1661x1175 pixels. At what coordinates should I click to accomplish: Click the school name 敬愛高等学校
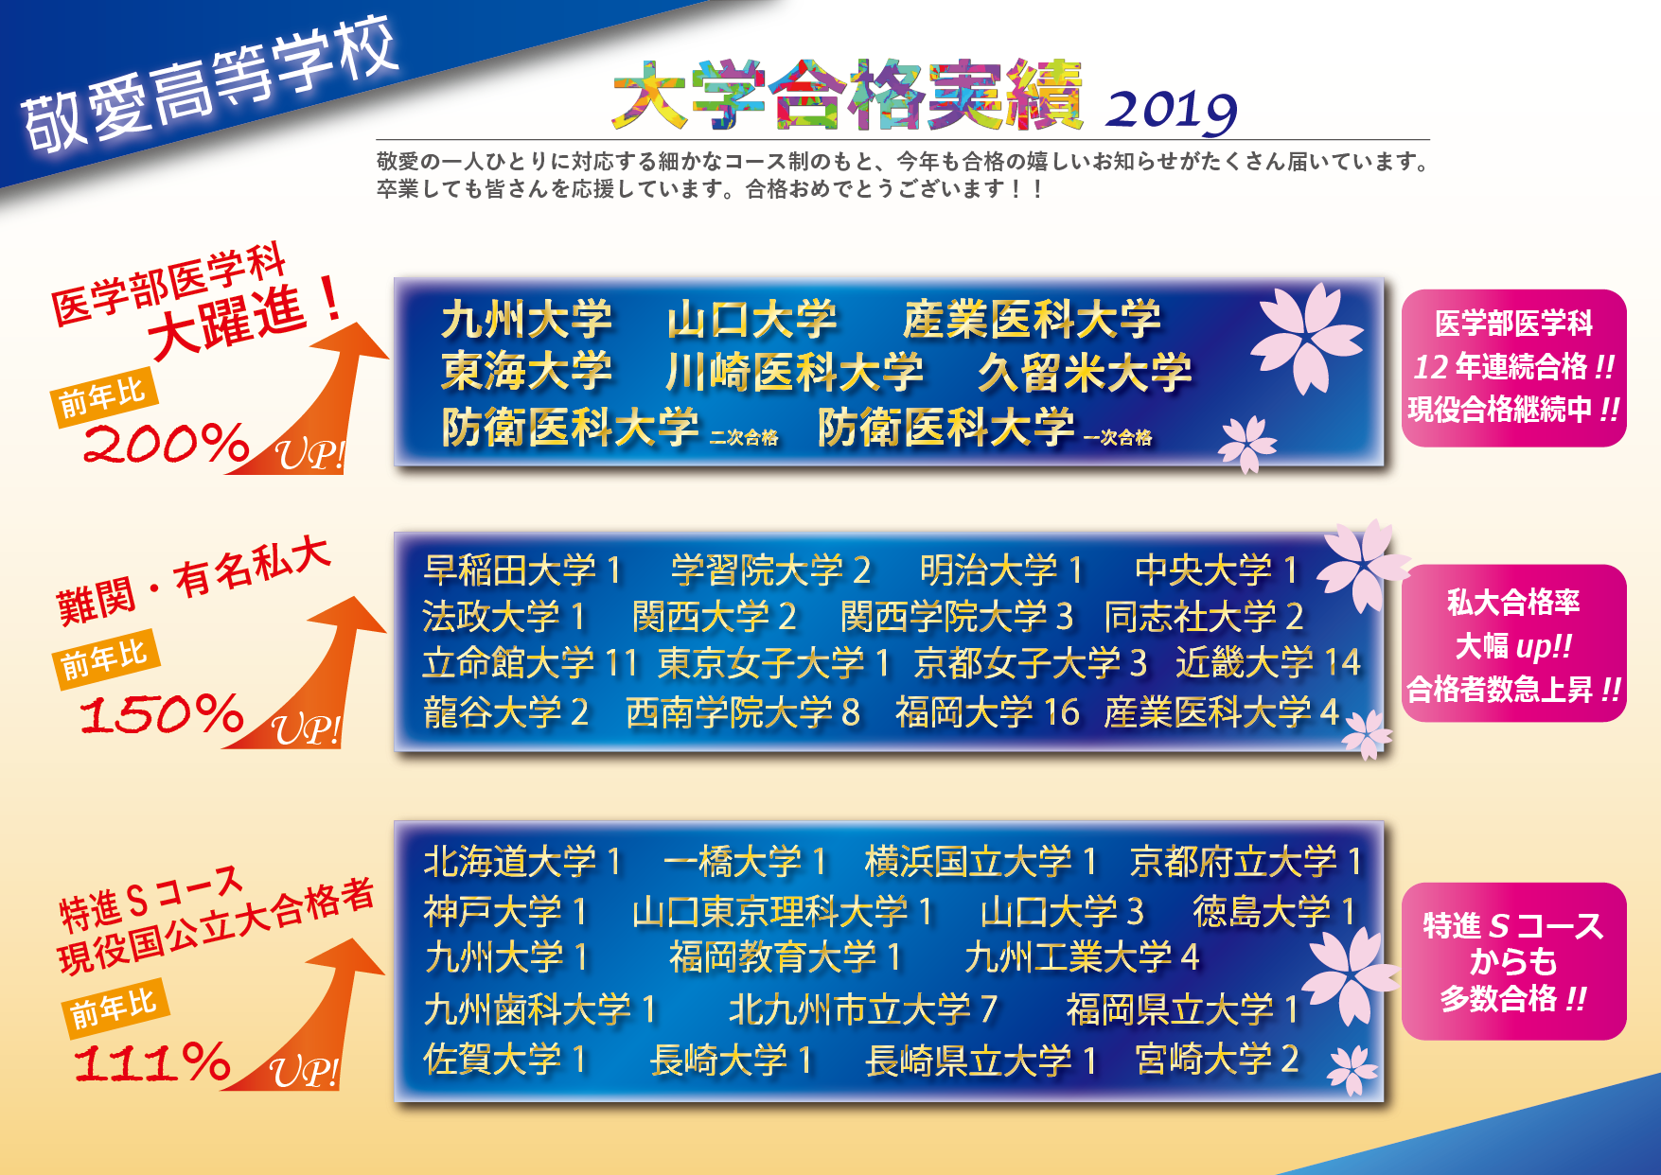(x=209, y=85)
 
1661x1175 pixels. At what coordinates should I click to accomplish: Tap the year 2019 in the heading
(x=1172, y=111)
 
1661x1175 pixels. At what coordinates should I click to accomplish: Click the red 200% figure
(x=167, y=443)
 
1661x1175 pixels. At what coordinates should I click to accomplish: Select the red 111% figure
(x=152, y=1061)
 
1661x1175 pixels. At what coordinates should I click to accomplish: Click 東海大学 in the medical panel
(x=526, y=371)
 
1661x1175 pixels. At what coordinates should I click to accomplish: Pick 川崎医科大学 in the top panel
(x=794, y=371)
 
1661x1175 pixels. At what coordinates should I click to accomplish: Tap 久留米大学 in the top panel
(x=1085, y=372)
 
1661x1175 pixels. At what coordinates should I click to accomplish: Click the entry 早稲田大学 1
(x=522, y=570)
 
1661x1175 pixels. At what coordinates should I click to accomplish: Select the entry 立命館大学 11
(x=531, y=662)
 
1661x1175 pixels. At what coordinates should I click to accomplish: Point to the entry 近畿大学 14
(x=1268, y=662)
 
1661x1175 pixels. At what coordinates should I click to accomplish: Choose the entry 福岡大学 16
(x=987, y=711)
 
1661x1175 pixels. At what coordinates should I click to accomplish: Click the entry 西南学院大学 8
(x=743, y=711)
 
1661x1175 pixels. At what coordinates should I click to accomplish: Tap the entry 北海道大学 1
(x=522, y=861)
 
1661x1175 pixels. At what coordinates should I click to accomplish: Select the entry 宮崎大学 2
(x=1217, y=1059)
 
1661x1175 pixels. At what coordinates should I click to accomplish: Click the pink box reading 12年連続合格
(x=1513, y=368)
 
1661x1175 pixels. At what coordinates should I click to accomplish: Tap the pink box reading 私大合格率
(x=1513, y=643)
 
